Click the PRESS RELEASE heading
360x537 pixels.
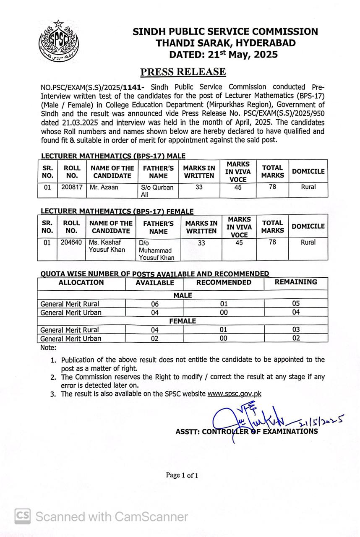click(183, 72)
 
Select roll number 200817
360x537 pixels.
click(71, 188)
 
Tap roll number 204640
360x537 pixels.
click(71, 242)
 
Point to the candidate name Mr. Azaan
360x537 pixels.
click(104, 188)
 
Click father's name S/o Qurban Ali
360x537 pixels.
click(157, 191)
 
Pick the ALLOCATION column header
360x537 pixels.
click(81, 283)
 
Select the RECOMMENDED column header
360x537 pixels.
click(224, 283)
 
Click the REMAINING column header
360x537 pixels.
click(296, 282)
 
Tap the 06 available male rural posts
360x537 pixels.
click(154, 304)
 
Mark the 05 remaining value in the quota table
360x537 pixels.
click(296, 304)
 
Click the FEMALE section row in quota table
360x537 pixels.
click(183, 321)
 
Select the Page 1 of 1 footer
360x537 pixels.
click(182, 475)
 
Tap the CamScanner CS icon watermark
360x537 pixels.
click(23, 516)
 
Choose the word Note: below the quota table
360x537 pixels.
click(48, 348)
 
